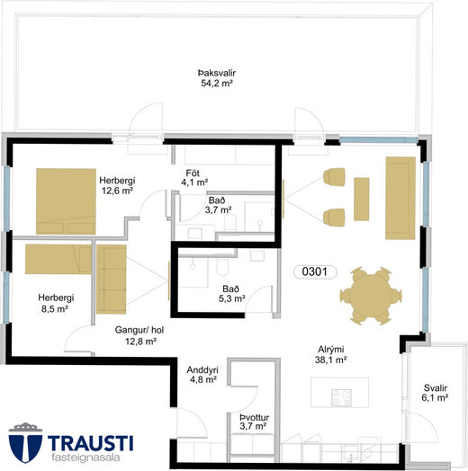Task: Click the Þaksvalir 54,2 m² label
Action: [217, 78]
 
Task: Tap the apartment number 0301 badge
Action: [315, 271]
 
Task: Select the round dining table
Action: [371, 296]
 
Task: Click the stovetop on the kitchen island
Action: [341, 397]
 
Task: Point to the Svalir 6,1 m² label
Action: [435, 393]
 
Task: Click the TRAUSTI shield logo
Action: [25, 442]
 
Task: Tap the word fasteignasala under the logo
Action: [85, 458]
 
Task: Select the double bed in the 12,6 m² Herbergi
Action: [66, 201]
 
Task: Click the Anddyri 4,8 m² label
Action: [202, 375]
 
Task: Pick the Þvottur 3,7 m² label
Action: [254, 422]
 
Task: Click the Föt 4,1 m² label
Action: [194, 178]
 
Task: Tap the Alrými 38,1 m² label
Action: [331, 354]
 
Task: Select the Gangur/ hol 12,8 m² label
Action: [139, 335]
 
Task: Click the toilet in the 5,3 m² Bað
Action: [222, 266]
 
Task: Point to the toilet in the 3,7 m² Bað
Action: [229, 222]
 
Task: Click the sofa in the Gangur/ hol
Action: [112, 280]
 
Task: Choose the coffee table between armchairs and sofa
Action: [361, 200]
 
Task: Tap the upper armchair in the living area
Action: [334, 177]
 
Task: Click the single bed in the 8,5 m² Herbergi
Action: [58, 259]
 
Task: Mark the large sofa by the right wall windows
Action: [400, 199]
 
